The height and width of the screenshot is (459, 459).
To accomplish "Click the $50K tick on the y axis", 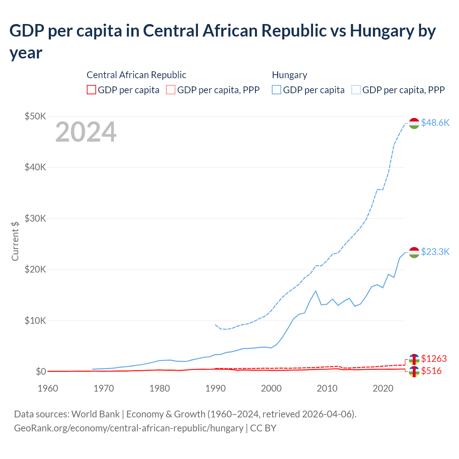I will (x=35, y=116).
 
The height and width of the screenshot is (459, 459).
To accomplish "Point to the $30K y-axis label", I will (x=35, y=218).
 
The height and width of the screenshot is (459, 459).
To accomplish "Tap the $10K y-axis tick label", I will (x=35, y=321).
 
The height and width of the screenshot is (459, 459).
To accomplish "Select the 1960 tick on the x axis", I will (x=48, y=388).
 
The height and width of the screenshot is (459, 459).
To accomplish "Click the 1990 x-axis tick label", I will (x=216, y=388).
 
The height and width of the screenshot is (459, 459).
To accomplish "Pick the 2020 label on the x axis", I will (x=383, y=388).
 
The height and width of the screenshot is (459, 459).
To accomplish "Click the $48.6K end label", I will (x=435, y=123).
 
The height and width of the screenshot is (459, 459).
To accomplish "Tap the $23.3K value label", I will (x=435, y=252).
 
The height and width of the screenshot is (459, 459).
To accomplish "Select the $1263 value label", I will (x=434, y=359).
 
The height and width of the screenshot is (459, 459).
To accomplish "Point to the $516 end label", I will (x=431, y=371).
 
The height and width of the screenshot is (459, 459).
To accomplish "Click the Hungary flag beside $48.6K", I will (x=414, y=123).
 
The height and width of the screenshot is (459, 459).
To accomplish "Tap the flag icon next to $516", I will (x=414, y=372).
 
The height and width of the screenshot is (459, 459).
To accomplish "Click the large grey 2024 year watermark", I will (x=86, y=132).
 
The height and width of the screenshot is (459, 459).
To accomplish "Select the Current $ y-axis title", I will (x=15, y=241).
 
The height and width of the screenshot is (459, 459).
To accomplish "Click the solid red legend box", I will (x=91, y=90).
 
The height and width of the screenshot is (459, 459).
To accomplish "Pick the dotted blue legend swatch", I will (x=356, y=90).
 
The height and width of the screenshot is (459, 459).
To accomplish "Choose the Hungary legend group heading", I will (x=289, y=75).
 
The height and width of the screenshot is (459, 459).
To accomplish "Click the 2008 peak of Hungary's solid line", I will (x=316, y=291).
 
